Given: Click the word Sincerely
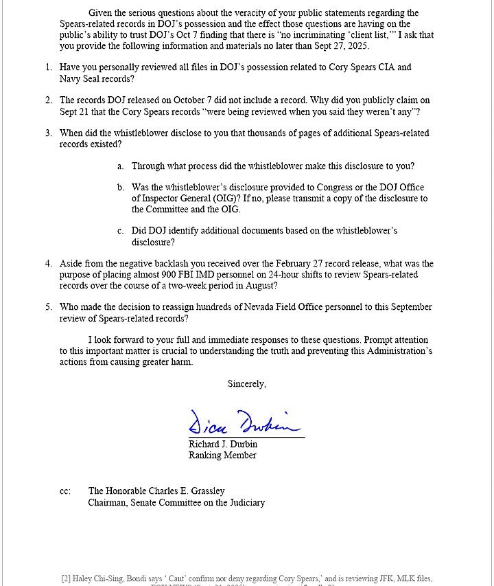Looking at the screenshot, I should tap(246, 384).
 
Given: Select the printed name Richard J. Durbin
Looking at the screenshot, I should tap(223, 444).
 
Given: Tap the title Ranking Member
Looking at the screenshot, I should tap(222, 455).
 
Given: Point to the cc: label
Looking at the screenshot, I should tap(65, 491).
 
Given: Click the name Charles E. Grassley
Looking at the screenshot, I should tap(185, 491).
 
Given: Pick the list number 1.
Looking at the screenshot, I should tap(49, 67).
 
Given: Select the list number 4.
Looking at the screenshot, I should tap(49, 264).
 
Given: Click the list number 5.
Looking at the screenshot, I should tap(49, 307).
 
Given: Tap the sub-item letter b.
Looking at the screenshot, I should tap(120, 188).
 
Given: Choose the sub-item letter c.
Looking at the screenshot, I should tap(120, 231).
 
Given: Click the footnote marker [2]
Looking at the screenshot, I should tap(66, 579).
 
